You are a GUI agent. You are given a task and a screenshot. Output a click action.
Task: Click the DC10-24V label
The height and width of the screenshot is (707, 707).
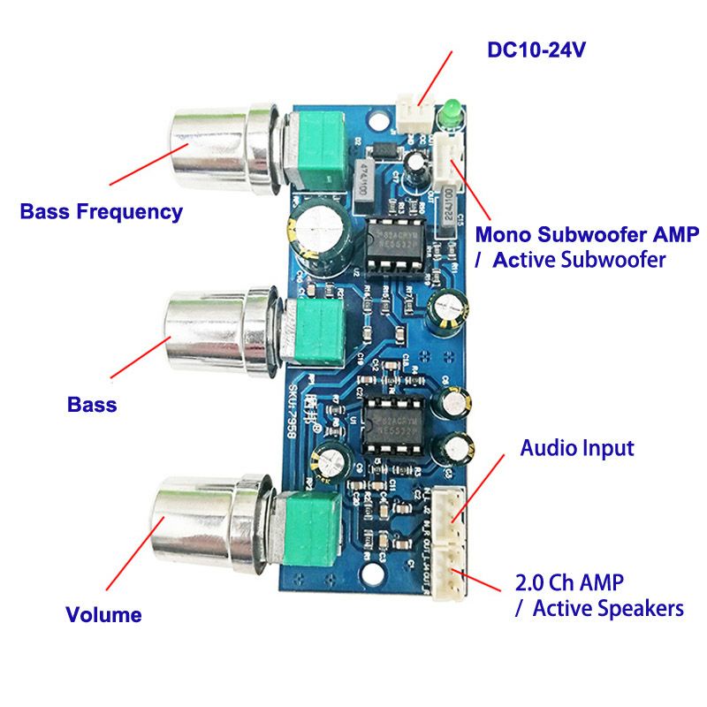(536, 49)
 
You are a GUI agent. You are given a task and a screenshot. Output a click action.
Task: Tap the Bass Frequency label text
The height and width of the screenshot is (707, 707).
(101, 212)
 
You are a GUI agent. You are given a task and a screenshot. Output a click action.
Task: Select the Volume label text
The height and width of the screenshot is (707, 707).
(103, 615)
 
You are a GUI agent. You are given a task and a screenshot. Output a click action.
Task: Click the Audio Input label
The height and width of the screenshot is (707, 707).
(576, 448)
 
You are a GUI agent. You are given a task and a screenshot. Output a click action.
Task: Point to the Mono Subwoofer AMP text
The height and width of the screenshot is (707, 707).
(587, 235)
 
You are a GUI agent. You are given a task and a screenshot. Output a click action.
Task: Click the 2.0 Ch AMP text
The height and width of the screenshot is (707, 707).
(569, 583)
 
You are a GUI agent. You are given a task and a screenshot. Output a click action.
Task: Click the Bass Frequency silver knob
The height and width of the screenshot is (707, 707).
(209, 150)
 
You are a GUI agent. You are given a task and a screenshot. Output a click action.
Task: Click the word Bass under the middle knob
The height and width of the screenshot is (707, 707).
(92, 405)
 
